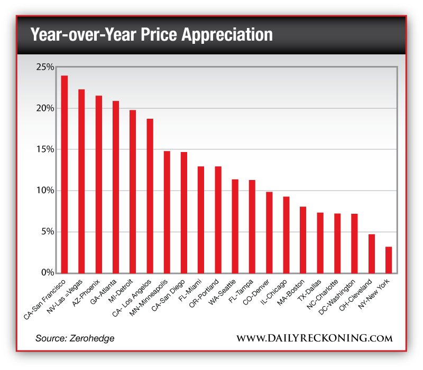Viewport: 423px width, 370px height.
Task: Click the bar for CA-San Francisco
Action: pos(65,174)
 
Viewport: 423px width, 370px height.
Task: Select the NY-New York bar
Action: pos(389,260)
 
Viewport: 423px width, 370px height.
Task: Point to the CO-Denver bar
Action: pos(269,232)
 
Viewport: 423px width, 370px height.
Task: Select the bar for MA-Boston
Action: pos(303,240)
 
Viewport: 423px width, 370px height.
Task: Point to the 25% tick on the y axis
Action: pos(45,67)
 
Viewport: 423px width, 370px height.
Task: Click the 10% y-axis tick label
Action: pos(45,191)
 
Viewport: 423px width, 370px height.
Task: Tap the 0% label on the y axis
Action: pos(47,273)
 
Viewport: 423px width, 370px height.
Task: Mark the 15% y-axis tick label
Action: pos(45,149)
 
